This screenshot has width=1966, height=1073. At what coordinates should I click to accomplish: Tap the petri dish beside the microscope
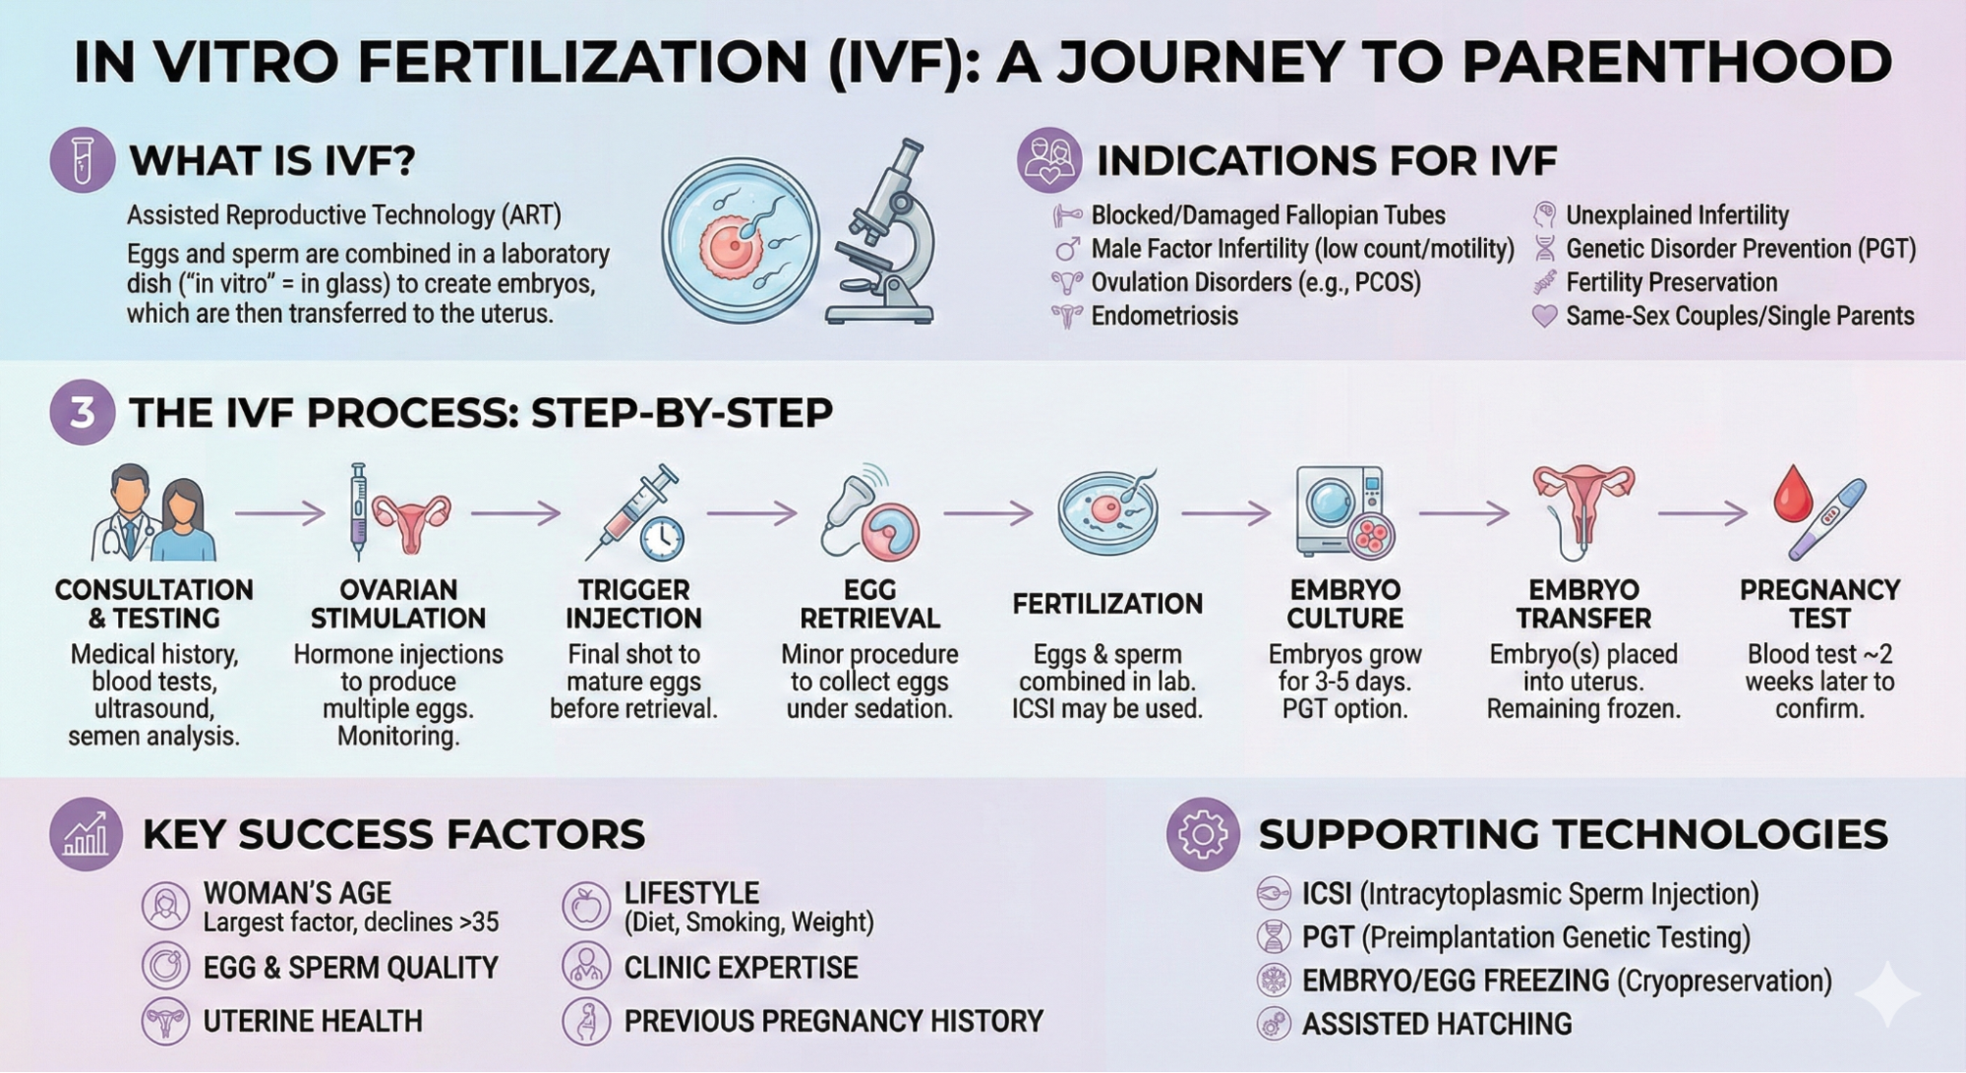tap(741, 240)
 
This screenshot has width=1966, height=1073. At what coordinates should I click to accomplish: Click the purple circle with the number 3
tap(82, 412)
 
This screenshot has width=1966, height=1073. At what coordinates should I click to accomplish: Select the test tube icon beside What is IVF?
tap(82, 160)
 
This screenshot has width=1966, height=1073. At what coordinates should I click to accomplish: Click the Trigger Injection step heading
tap(633, 604)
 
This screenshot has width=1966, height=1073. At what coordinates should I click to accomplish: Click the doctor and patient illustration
tap(153, 513)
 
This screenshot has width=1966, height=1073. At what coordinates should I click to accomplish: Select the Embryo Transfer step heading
tap(1583, 604)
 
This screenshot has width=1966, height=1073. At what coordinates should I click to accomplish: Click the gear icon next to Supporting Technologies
tap(1202, 834)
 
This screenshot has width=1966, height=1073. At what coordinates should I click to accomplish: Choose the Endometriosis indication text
tap(1164, 317)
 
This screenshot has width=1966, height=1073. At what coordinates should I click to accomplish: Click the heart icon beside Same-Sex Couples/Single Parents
tap(1544, 316)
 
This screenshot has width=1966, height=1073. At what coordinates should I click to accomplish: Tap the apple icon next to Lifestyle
tap(586, 906)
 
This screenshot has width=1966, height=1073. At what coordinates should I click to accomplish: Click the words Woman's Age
tap(297, 893)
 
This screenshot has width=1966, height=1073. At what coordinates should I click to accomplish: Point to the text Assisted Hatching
tap(1436, 1025)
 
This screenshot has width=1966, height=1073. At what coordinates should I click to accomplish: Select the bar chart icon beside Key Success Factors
tap(86, 834)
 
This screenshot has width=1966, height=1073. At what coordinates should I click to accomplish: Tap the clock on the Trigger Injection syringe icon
tap(662, 538)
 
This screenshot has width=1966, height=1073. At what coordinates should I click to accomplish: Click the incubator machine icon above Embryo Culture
tap(1336, 511)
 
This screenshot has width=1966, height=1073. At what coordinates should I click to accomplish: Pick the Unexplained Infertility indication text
tap(1676, 215)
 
